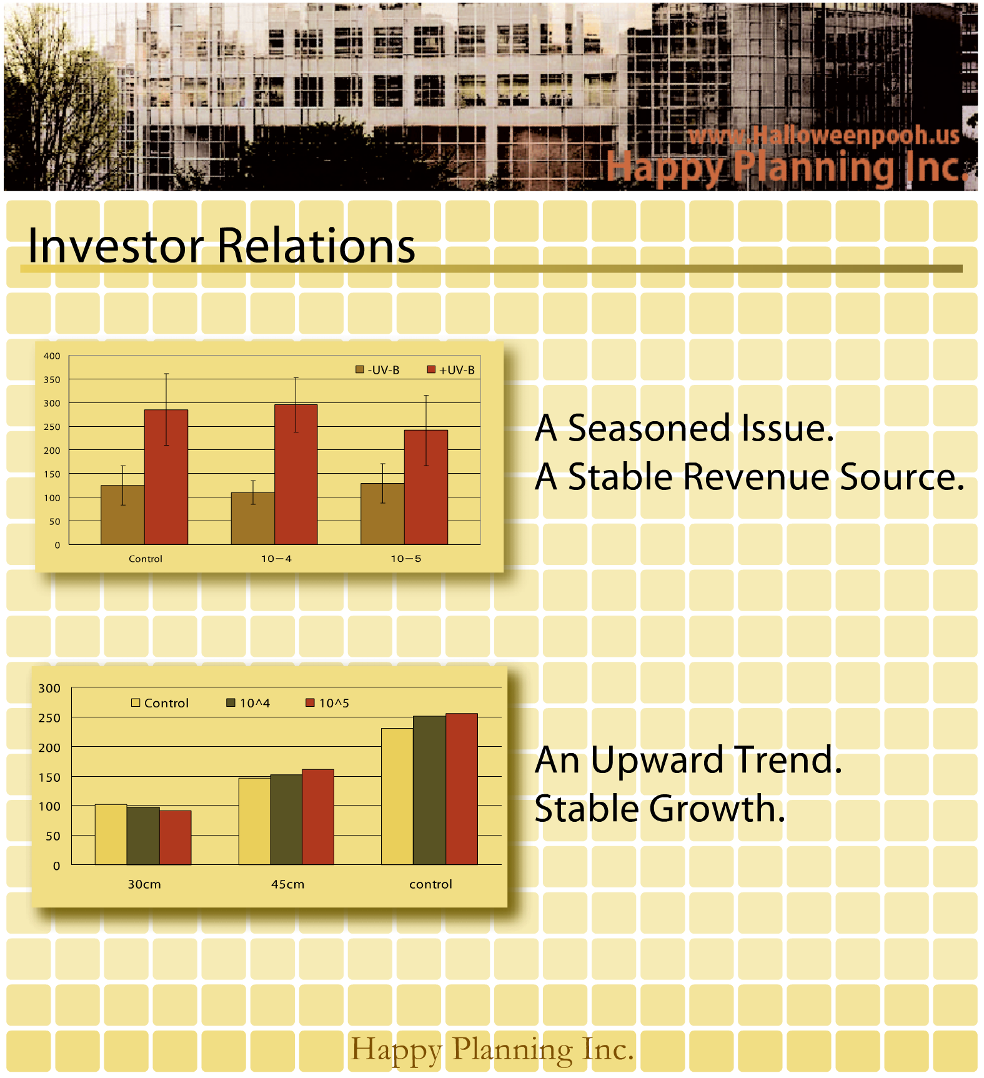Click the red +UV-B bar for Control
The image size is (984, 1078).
(x=166, y=477)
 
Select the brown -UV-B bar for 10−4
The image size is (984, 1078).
(x=253, y=518)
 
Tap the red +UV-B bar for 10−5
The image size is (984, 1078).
(x=426, y=487)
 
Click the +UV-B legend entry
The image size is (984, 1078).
(x=450, y=370)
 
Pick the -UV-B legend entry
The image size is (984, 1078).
(x=377, y=370)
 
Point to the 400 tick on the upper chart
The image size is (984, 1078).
(x=52, y=356)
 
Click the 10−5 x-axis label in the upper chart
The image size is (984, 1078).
(x=406, y=559)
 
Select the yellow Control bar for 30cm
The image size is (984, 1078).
(x=111, y=834)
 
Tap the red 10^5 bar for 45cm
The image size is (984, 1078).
(x=318, y=817)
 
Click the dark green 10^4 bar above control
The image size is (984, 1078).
(x=429, y=791)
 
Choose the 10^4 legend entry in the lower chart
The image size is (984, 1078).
(x=248, y=703)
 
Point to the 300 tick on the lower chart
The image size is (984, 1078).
(x=49, y=689)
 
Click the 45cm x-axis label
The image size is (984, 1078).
(x=288, y=884)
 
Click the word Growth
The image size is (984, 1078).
(x=717, y=809)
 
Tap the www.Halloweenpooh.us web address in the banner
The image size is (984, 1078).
(x=824, y=136)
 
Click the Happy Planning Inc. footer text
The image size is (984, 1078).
(x=492, y=1050)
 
